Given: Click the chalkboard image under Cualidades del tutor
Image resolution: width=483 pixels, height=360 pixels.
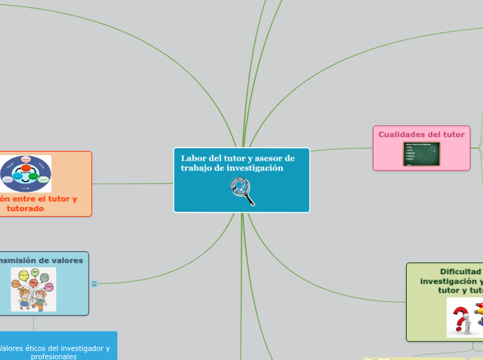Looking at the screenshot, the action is (421, 154).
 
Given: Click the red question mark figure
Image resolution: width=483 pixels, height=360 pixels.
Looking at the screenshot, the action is (459, 319).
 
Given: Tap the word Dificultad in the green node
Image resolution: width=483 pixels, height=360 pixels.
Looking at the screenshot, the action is (460, 271).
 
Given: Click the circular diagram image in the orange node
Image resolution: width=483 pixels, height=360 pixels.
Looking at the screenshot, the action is (26, 173).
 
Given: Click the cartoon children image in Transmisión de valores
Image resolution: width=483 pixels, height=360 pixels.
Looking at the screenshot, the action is (33, 289).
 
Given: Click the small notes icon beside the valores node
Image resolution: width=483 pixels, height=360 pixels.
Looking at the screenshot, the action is (94, 283).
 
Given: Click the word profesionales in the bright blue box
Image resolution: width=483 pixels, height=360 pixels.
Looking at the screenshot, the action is (53, 357).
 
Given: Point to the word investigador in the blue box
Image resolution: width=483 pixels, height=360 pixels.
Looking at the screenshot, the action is (82, 348).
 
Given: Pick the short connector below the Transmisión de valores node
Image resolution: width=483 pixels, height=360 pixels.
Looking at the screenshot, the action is (33, 323).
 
